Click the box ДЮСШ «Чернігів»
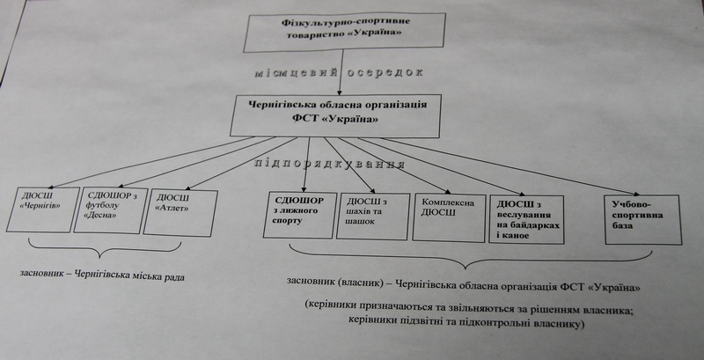(x=42, y=209)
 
